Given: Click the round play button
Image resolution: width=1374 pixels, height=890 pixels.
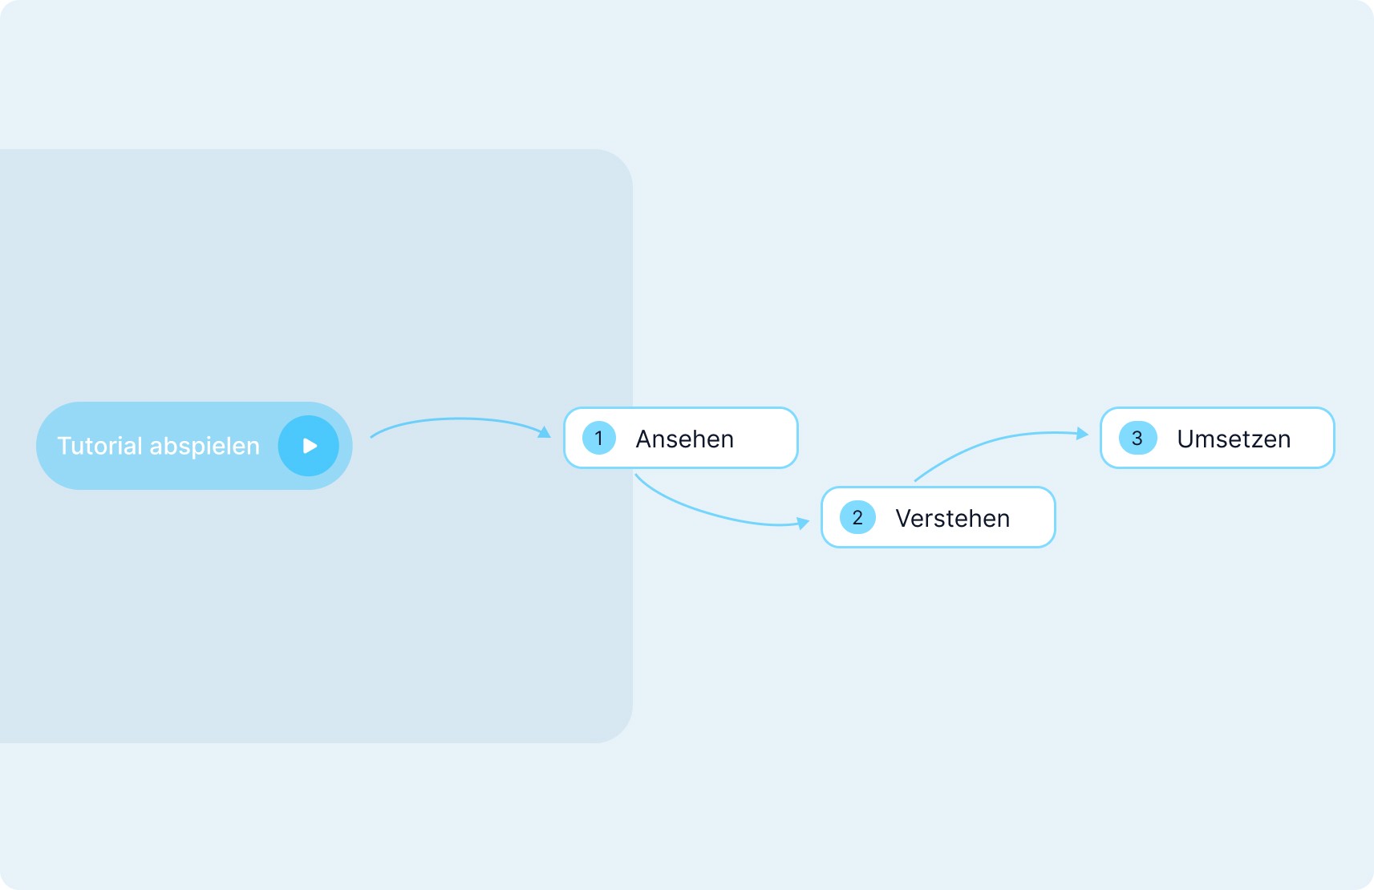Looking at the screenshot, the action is [309, 446].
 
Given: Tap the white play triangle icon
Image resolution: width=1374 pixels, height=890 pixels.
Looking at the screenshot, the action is [310, 446].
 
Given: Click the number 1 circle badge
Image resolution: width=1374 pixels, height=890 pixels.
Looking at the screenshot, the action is [598, 438].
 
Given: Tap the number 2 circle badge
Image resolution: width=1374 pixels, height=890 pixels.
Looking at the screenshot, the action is [857, 517].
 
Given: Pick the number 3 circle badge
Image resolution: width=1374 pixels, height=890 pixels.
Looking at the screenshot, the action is [1137, 438].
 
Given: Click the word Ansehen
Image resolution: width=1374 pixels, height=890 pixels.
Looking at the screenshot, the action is [684, 439].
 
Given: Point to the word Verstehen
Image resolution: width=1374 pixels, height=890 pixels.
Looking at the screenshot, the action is [952, 518].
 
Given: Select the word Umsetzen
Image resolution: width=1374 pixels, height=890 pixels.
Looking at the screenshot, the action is [1234, 439].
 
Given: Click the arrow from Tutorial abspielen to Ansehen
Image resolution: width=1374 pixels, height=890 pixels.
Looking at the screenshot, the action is [457, 419].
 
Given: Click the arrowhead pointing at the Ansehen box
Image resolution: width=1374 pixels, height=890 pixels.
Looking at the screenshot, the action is [545, 433].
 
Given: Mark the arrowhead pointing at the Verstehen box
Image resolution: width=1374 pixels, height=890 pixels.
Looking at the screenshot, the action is [803, 524].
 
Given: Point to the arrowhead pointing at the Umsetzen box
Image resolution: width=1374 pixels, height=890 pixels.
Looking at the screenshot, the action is [1082, 434].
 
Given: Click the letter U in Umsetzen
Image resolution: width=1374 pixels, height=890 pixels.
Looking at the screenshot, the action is [1186, 439].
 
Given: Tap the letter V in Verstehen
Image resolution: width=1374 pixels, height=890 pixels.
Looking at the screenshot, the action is [904, 518].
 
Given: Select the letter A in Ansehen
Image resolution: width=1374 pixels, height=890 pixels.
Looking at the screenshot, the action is [644, 439].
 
